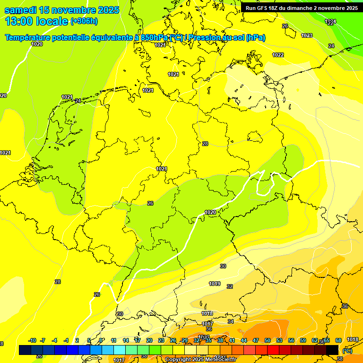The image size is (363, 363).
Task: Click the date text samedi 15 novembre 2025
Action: click(61, 10)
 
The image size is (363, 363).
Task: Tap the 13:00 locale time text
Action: click(36, 21)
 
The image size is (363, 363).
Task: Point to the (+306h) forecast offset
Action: click(84, 21)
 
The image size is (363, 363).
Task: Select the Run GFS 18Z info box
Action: click(302, 8)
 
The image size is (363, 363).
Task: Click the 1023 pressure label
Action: click(307, 35)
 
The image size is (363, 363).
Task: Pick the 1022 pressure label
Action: click(278, 55)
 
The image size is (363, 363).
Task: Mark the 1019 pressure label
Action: click(215, 284)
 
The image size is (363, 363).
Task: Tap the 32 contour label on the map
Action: click(230, 286)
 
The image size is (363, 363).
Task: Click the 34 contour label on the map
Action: click(231, 321)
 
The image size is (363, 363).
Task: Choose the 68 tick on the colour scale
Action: click(338, 340)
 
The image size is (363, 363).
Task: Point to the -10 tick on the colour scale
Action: click(33, 340)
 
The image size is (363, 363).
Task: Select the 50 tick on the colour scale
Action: click(268, 340)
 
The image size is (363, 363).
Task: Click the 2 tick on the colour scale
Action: click(77, 340)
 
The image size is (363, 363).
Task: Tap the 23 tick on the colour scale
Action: click(161, 340)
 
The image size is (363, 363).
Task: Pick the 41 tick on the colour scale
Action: click(232, 340)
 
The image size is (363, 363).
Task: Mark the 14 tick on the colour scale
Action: click(126, 340)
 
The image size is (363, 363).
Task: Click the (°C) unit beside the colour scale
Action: click(347, 351)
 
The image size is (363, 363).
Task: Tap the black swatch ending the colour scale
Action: click(332, 350)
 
